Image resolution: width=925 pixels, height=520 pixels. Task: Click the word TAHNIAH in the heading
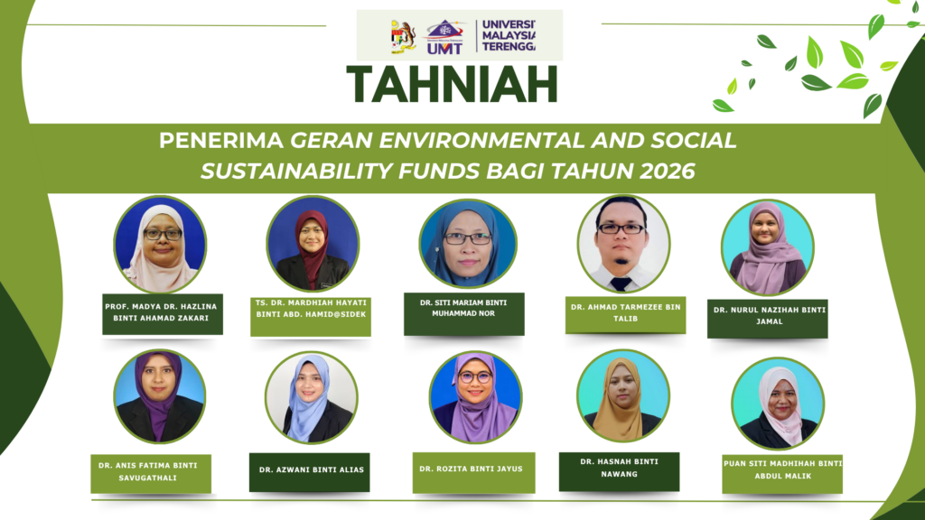tap(452, 84)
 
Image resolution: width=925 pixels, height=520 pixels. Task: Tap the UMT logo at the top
tap(444, 37)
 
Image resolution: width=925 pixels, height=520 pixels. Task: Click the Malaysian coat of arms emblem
tap(404, 36)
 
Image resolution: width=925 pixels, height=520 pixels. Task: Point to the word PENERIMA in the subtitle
tap(221, 140)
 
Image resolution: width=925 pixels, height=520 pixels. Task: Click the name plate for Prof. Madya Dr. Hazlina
tap(163, 313)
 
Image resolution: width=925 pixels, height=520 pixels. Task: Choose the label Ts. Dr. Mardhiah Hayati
tap(311, 316)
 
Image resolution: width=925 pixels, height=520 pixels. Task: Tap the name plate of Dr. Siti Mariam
tap(463, 314)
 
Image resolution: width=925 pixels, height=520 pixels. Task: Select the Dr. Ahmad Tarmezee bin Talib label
tap(625, 315)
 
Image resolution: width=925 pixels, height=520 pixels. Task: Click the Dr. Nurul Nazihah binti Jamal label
tap(768, 319)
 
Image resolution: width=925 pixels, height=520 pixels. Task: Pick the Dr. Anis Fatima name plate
tap(151, 473)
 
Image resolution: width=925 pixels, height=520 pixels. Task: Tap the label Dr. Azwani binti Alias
tap(309, 472)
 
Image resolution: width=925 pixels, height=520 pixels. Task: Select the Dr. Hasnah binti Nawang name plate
tap(619, 471)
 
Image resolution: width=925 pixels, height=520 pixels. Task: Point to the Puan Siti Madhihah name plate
tap(782, 474)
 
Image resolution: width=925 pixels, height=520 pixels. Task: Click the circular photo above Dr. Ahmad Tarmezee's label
tap(623, 244)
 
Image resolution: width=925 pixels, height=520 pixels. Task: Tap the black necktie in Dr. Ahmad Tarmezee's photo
tap(621, 283)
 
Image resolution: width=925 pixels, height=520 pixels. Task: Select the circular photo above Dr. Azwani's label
tap(311, 397)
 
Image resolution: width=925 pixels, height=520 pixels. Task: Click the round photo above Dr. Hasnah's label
tap(623, 395)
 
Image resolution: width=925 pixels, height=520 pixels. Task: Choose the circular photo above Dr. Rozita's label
tap(475, 397)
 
